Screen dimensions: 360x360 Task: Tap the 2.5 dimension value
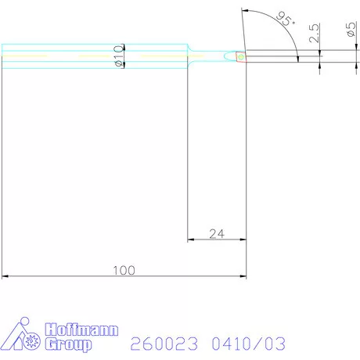[314, 34]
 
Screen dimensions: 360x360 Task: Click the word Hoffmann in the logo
[81, 329]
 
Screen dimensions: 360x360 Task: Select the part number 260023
[161, 343]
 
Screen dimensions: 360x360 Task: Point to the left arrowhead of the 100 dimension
[6, 275]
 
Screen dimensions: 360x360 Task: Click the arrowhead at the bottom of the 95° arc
[298, 56]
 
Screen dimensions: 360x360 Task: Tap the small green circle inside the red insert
[240, 56]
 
